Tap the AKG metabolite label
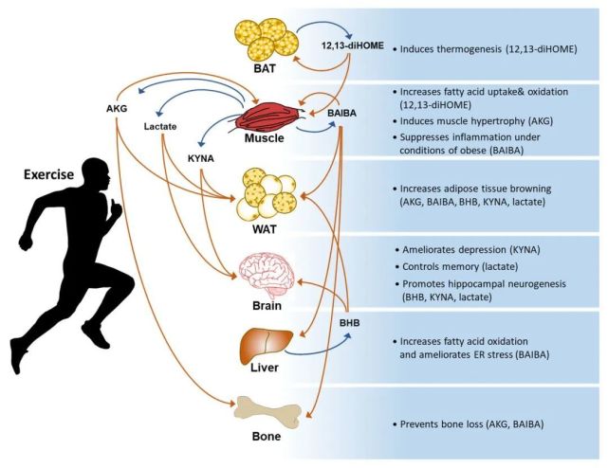(x=118, y=108)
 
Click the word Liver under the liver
(x=264, y=371)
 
